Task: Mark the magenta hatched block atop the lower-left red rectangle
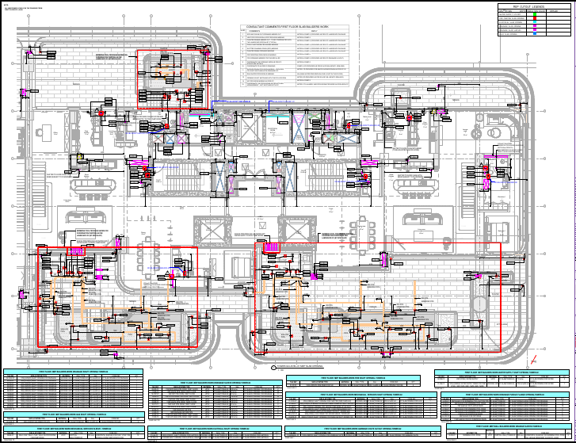pos(77,250)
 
